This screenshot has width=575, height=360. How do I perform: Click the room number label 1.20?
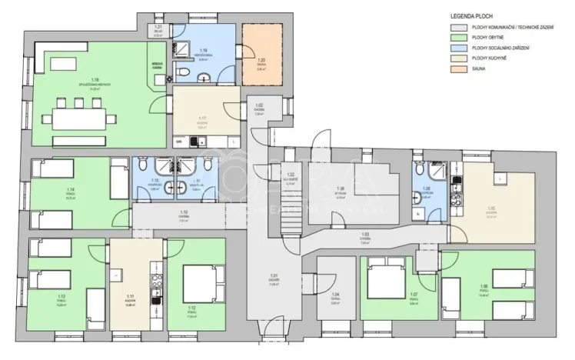click(x=261, y=59)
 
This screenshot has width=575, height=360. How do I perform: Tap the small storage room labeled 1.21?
click(x=158, y=29)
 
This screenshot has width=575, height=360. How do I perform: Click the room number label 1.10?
click(x=184, y=212)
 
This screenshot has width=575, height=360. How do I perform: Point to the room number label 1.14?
click(x=71, y=188)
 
